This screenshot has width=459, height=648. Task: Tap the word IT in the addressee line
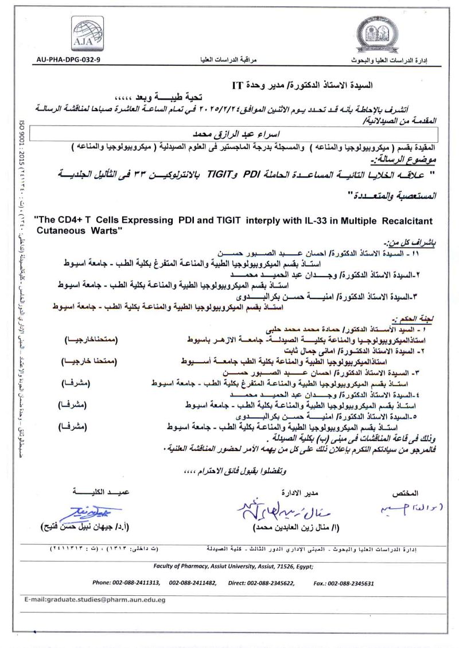pos(238,87)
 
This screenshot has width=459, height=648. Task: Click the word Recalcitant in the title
pos(403,221)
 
